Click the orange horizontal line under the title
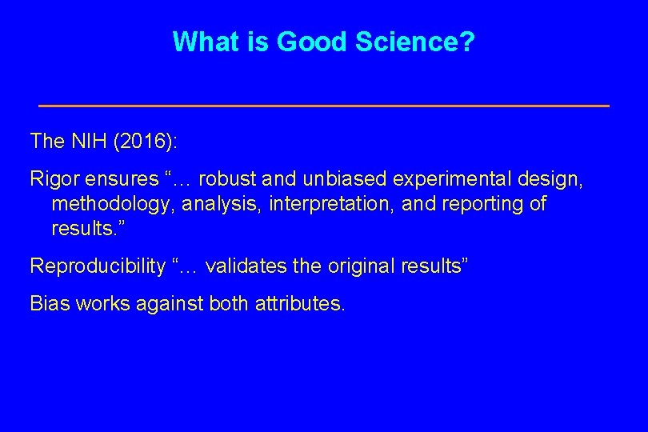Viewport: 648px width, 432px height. [324, 106]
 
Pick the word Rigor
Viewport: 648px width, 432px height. [53, 178]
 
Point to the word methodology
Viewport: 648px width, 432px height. [113, 204]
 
